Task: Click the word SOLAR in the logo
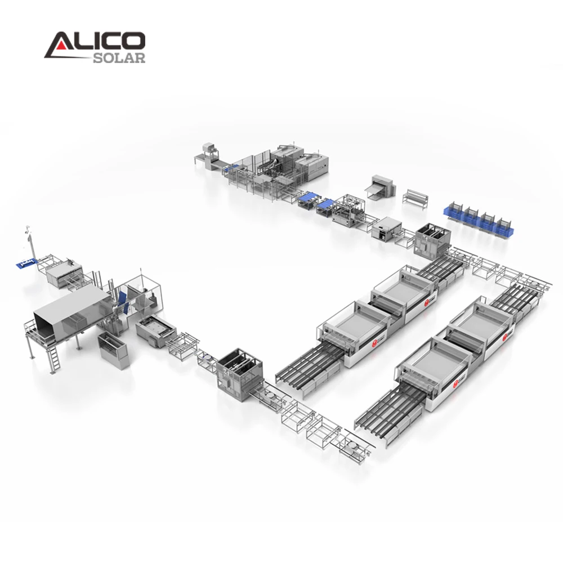click(119, 57)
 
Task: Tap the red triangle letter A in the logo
click(57, 45)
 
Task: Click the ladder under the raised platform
click(55, 355)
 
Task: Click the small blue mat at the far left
click(26, 262)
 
